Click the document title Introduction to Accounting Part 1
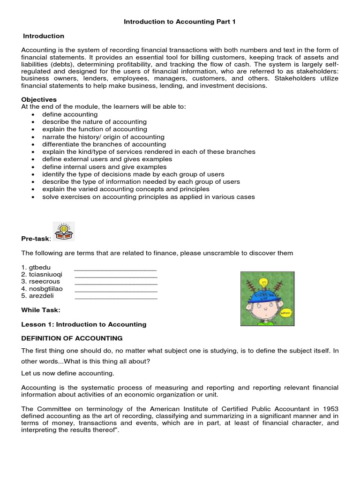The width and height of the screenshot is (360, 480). click(180, 22)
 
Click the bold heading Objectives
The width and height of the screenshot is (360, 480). click(39, 99)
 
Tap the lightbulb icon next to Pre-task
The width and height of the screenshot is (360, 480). click(64, 231)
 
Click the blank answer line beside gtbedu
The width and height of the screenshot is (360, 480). click(115, 269)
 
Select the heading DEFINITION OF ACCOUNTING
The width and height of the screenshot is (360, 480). click(72, 338)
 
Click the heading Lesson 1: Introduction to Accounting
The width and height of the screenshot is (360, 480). click(84, 324)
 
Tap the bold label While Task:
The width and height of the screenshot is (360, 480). click(41, 310)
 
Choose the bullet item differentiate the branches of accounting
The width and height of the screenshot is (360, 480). click(104, 144)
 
